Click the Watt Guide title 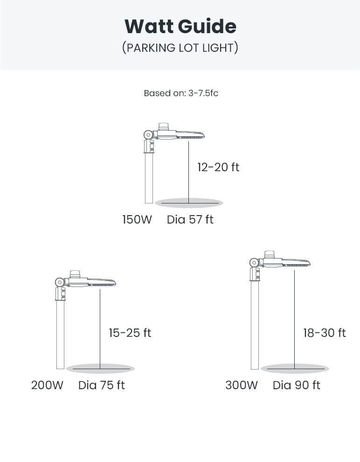point(180,27)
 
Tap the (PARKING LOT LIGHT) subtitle point(180,48)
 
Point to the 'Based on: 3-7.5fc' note point(181,93)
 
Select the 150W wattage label point(137,219)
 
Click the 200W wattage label point(47,385)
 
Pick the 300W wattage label point(242,385)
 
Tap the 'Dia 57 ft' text point(190,219)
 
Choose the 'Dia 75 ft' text point(102,385)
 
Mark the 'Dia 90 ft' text point(296,385)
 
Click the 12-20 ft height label point(218,167)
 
